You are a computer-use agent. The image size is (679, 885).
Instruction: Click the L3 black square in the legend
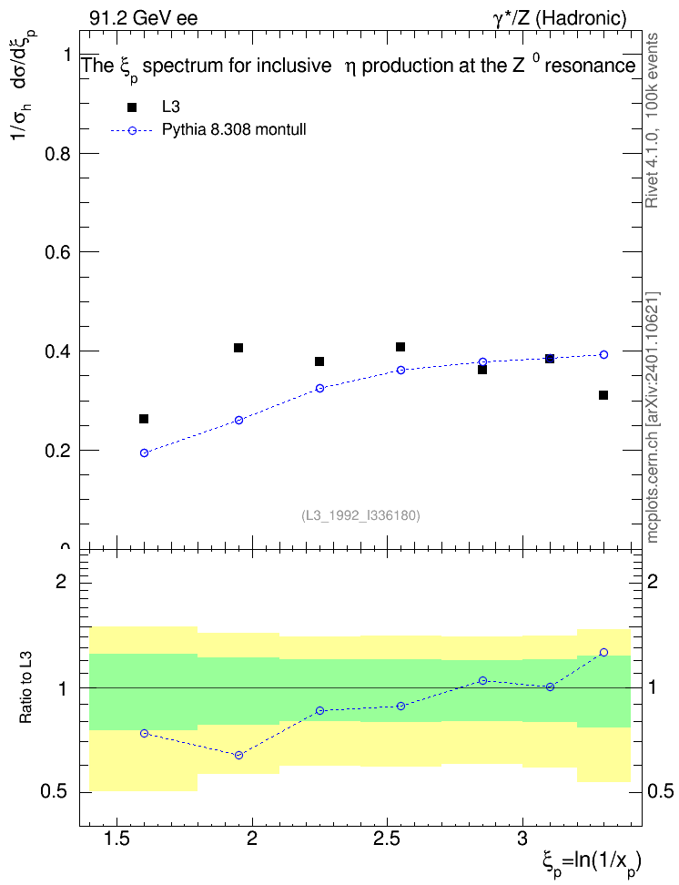(x=132, y=107)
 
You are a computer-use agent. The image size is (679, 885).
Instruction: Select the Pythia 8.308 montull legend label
(x=234, y=130)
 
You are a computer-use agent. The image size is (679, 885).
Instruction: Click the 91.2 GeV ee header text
(x=144, y=18)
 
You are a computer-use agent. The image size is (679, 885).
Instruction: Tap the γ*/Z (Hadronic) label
(x=560, y=18)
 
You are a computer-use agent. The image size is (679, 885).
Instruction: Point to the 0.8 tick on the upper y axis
(x=58, y=154)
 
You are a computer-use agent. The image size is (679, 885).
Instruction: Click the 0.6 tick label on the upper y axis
(x=58, y=251)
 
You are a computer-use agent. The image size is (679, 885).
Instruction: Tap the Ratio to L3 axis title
(x=26, y=688)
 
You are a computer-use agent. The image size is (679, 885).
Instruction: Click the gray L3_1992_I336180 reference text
(x=360, y=515)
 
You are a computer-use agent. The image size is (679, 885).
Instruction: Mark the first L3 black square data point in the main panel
(x=144, y=419)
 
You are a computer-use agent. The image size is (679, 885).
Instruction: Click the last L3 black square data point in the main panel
(x=603, y=395)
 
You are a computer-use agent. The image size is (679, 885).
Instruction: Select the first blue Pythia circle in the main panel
(x=144, y=453)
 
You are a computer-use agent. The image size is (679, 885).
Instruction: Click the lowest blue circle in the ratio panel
(x=238, y=755)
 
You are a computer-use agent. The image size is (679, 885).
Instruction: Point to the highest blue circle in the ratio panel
(x=603, y=653)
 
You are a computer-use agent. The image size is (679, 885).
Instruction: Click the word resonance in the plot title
(x=591, y=66)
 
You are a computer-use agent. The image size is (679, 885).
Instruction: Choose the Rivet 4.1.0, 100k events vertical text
(x=653, y=120)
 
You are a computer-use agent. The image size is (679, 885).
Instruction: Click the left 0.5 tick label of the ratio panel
(x=54, y=792)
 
